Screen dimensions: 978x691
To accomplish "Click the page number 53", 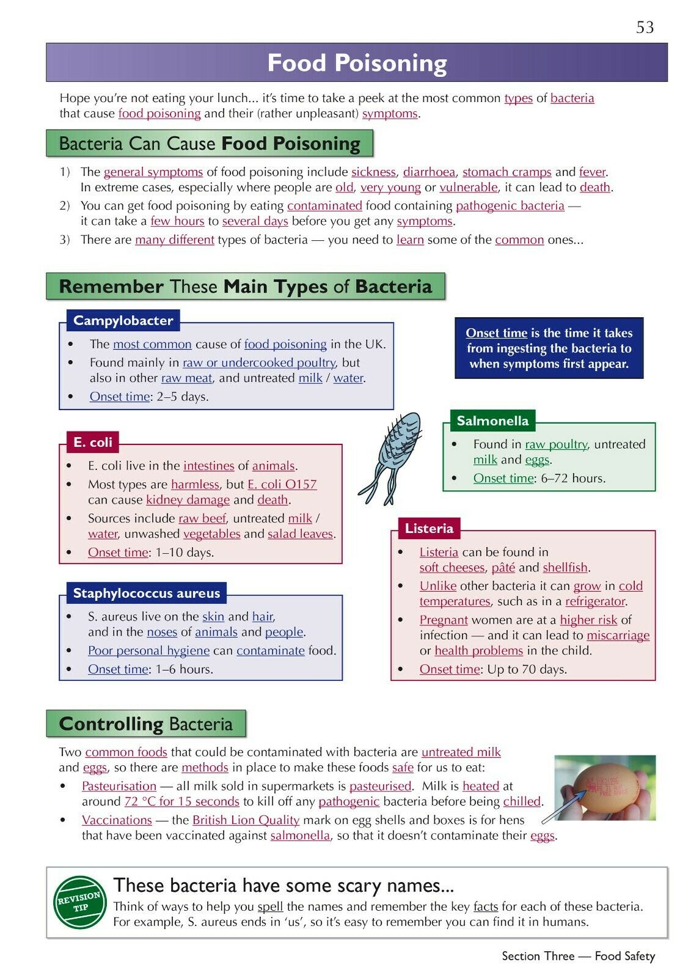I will [645, 28].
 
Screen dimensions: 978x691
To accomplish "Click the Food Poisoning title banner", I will [357, 63].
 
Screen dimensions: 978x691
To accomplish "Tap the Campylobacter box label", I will [123, 320].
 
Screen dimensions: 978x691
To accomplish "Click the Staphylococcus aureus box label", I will [146, 593].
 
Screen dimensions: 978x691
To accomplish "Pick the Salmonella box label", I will [492, 421].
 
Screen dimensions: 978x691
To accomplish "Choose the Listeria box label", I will [428, 528].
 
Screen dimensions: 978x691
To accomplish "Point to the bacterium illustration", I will [391, 455].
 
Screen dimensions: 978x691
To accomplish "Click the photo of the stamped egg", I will [605, 788].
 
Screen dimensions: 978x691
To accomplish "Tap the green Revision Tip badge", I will [79, 902].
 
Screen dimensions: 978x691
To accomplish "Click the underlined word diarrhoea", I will [429, 172].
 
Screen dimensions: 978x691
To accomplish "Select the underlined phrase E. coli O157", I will [282, 484].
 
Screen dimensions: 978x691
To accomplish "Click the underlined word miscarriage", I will [618, 635].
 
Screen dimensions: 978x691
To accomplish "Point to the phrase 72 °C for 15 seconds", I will [181, 801].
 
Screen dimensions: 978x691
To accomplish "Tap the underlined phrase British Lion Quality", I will [246, 820].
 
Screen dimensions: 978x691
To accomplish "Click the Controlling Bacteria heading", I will [146, 724].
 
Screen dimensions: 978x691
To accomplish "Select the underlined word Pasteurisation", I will [119, 786].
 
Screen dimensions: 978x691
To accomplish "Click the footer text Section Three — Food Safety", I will [578, 956].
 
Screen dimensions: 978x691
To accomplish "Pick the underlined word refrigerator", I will [594, 601].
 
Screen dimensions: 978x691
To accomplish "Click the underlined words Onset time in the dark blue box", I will [496, 333].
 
